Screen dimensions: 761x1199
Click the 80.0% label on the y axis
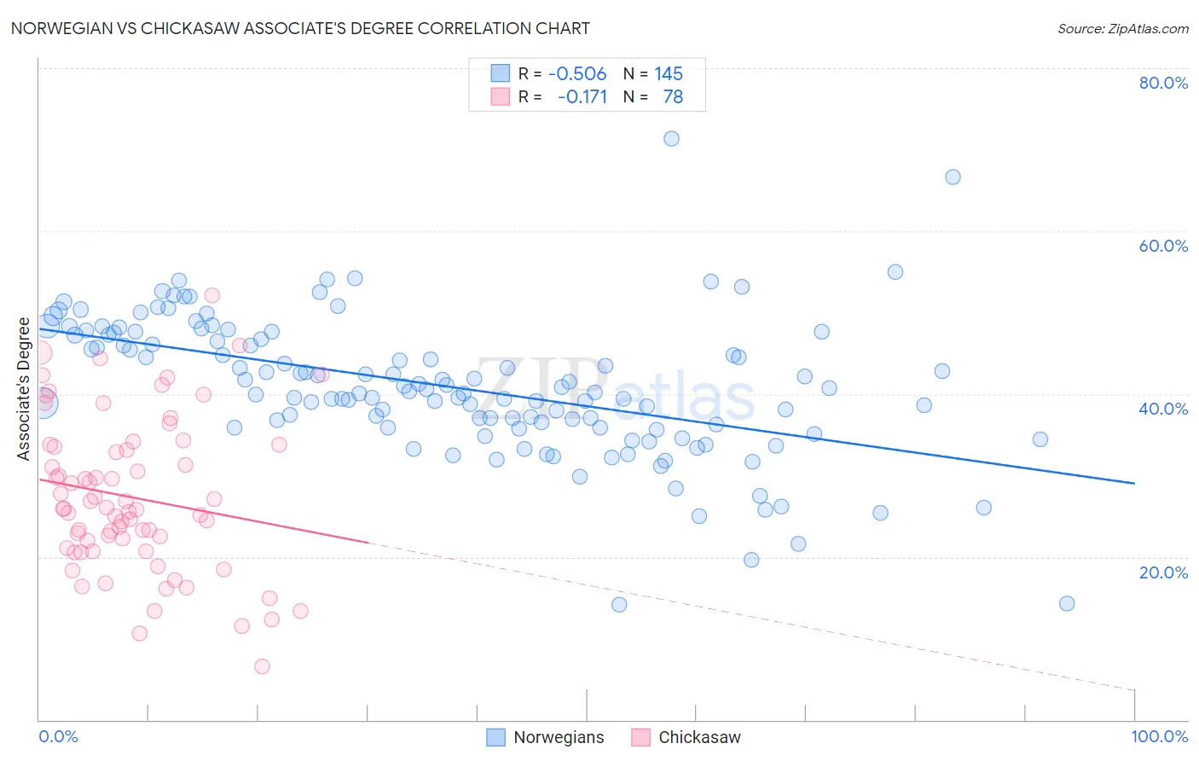click(1163, 83)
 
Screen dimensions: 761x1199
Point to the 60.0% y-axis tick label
click(1163, 246)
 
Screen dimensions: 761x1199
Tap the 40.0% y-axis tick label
click(1163, 409)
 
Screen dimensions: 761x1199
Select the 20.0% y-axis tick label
click(1163, 572)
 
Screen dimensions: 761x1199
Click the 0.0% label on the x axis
click(58, 736)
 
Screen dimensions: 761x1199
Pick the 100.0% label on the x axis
click(1159, 736)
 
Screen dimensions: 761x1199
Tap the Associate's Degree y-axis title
click(24, 389)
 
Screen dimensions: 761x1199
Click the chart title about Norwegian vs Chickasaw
click(300, 28)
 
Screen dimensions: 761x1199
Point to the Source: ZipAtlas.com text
click(1122, 28)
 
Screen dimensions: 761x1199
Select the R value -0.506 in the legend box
click(577, 73)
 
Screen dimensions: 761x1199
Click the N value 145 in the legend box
click(669, 73)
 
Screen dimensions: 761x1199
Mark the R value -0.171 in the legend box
click(582, 96)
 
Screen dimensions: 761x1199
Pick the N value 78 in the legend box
click(673, 96)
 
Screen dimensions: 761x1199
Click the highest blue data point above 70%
click(671, 138)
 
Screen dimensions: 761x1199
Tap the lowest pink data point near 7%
click(262, 666)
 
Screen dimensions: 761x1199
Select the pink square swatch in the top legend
click(500, 96)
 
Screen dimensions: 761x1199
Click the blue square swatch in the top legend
click(500, 73)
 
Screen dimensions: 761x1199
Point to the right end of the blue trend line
click(1134, 483)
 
